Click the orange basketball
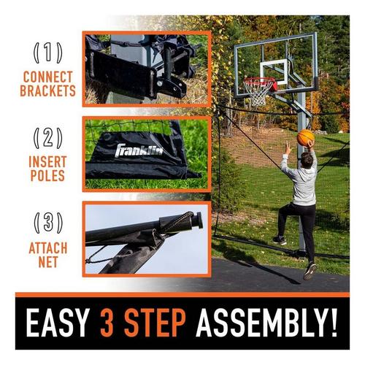pyautogui.click(x=306, y=137)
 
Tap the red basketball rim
pyautogui.click(x=260, y=82)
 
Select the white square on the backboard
pyautogui.click(x=274, y=72)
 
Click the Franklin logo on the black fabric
pyautogui.click(x=139, y=150)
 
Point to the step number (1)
pyautogui.click(x=48, y=53)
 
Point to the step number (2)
pyautogui.click(x=48, y=138)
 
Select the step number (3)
pyautogui.click(x=48, y=223)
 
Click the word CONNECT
pyautogui.click(x=48, y=77)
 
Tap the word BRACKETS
pyautogui.click(x=48, y=91)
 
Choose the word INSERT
pyautogui.click(x=47, y=161)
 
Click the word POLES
pyautogui.click(x=47, y=175)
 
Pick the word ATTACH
pyautogui.click(x=48, y=248)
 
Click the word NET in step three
pyautogui.click(x=48, y=262)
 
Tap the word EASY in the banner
pyautogui.click(x=57, y=323)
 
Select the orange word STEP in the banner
pyautogui.click(x=155, y=323)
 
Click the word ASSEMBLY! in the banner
pyautogui.click(x=266, y=323)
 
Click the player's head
pyautogui.click(x=307, y=160)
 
